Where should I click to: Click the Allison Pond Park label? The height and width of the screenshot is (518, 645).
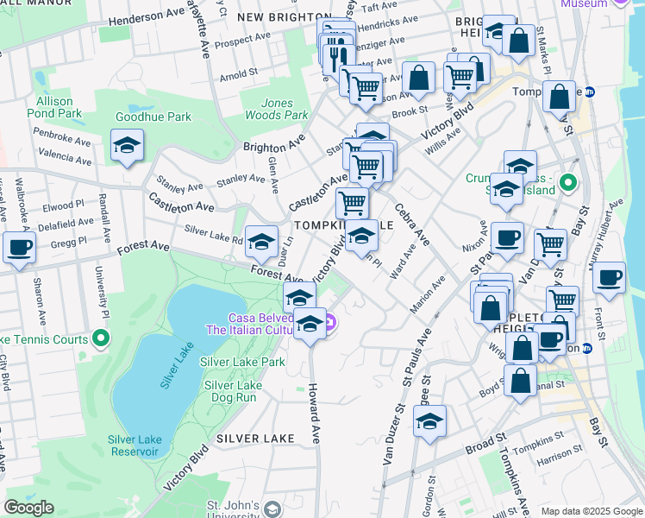click(x=54, y=107)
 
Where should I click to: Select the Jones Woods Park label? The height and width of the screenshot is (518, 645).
click(x=284, y=109)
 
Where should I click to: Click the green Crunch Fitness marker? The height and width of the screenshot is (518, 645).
click(x=567, y=183)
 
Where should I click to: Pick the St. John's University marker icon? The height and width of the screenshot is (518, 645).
click(x=272, y=509)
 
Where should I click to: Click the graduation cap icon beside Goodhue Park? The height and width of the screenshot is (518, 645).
click(x=127, y=145)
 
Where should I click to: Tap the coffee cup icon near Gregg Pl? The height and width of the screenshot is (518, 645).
click(x=19, y=246)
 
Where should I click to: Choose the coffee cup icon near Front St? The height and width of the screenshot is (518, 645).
click(x=609, y=277)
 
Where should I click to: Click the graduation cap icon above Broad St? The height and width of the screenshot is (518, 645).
click(x=429, y=421)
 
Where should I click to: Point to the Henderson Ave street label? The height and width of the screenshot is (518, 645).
click(x=153, y=16)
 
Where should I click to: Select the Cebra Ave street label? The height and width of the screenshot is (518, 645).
click(x=412, y=224)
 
